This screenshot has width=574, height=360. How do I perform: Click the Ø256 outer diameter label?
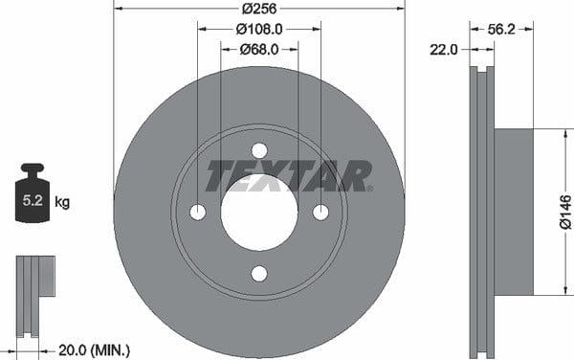[x=259, y=9]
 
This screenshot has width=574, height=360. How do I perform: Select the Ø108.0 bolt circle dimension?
[x=259, y=29]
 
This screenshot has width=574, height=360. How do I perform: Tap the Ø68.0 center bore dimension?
[x=259, y=49]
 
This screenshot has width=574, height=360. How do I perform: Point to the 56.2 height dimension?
[x=501, y=30]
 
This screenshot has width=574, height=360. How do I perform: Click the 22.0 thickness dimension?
[x=443, y=50]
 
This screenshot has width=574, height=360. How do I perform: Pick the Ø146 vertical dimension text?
[x=565, y=212]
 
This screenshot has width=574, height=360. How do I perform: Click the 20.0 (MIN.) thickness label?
[x=94, y=350]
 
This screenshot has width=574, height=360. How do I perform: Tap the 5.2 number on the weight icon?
[x=33, y=200]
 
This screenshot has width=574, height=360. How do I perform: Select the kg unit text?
[x=62, y=202]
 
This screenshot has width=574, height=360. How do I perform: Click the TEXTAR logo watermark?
[x=289, y=176]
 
